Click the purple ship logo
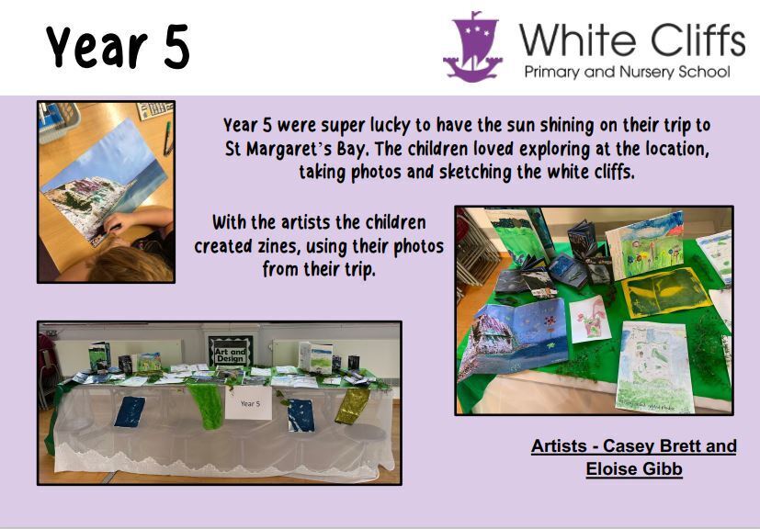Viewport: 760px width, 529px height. (472, 47)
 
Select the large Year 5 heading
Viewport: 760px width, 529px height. (118, 48)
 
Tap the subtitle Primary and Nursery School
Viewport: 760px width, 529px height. (627, 73)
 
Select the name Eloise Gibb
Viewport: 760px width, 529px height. (634, 469)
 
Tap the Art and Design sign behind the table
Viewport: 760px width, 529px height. (231, 351)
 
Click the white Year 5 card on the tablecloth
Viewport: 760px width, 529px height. (249, 403)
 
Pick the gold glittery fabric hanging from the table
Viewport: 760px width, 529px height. (353, 406)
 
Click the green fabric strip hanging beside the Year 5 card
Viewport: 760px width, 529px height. (207, 406)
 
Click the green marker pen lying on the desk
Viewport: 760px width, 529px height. (167, 138)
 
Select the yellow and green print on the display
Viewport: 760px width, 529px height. (664, 293)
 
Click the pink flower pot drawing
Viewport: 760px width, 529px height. (591, 321)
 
